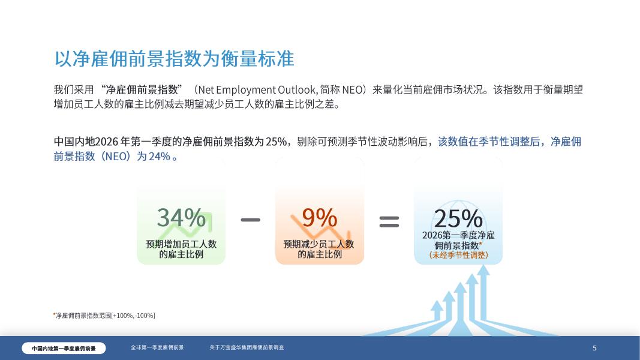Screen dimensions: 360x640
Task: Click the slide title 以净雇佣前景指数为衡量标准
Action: point(175,59)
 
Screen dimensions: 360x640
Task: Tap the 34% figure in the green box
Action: point(181,217)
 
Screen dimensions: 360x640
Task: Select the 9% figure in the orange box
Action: point(319,217)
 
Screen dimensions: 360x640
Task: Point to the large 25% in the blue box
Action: point(458,218)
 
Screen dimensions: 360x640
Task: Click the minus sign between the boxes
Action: point(250,220)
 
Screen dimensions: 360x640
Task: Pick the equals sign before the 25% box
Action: point(389,221)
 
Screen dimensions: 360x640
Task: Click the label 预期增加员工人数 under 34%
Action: point(181,244)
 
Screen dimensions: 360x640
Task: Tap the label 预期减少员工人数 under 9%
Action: point(319,244)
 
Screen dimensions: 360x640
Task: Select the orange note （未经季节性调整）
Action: point(458,255)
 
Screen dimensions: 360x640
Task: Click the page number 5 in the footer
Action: point(594,348)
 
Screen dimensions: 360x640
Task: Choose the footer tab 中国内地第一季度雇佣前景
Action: point(64,348)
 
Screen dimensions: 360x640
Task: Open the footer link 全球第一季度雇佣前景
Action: point(157,347)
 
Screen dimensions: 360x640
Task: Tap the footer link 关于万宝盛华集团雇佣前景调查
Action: point(247,347)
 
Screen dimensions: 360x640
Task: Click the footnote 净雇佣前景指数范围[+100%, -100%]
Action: point(105,316)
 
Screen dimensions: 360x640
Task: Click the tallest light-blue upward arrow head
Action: point(483,270)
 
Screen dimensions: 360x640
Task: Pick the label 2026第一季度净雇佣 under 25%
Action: point(458,235)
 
